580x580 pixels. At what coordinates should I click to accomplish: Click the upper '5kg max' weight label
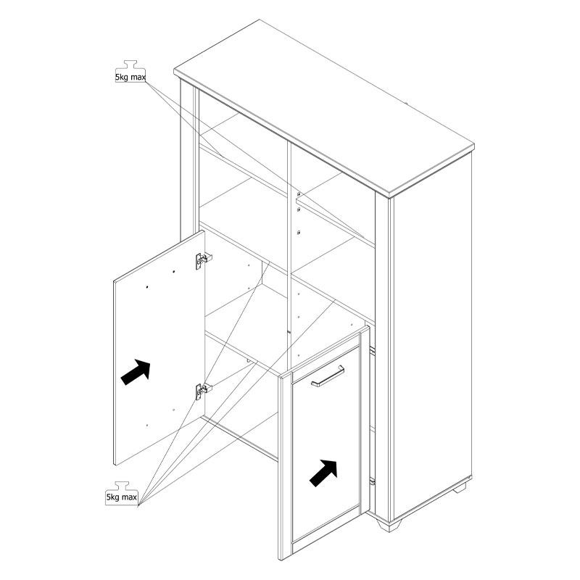pyautogui.click(x=130, y=78)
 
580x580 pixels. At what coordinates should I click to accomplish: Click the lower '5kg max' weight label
pyautogui.click(x=122, y=497)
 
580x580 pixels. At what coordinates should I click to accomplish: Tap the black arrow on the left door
pyautogui.click(x=136, y=371)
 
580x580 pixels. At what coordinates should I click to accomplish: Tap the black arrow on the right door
pyautogui.click(x=323, y=473)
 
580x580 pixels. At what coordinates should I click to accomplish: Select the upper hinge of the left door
pyautogui.click(x=203, y=260)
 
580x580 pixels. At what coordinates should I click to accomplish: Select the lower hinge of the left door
pyautogui.click(x=203, y=391)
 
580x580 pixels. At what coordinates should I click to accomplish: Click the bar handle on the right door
pyautogui.click(x=328, y=376)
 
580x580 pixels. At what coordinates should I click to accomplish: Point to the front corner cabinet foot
pyautogui.click(x=389, y=525)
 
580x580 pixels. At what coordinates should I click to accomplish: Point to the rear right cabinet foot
pyautogui.click(x=461, y=486)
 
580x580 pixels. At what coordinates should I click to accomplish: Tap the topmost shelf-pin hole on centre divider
pyautogui.click(x=299, y=194)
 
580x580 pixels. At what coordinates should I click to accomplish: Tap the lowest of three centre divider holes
pyautogui.click(x=299, y=233)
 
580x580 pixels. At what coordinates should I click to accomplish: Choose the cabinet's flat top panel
pyautogui.click(x=324, y=107)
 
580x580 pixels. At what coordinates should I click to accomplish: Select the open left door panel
pyautogui.click(x=159, y=348)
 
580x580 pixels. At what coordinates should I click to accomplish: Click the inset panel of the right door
pyautogui.click(x=326, y=444)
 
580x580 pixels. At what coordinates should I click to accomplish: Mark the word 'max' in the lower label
pyautogui.click(x=129, y=497)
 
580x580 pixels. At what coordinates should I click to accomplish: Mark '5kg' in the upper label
pyautogui.click(x=121, y=78)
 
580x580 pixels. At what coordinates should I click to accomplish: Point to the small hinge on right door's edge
pyautogui.click(x=372, y=481)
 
